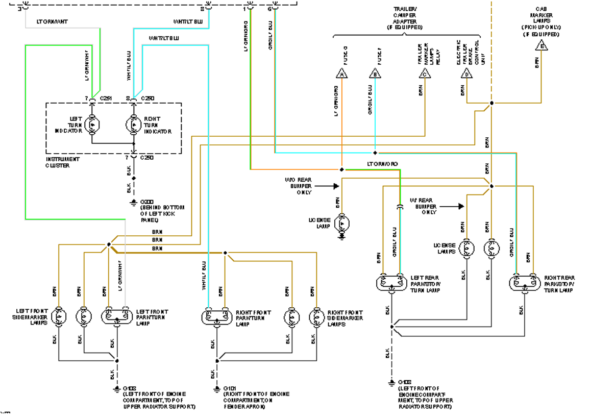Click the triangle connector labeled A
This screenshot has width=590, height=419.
(341, 74)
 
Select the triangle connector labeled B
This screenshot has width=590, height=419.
(375, 74)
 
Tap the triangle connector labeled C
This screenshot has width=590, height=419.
(425, 74)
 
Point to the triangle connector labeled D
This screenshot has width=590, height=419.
(466, 74)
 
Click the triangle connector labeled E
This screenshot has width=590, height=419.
(541, 46)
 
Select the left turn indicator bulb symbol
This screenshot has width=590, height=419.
(92, 124)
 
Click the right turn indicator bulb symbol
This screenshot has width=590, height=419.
(133, 124)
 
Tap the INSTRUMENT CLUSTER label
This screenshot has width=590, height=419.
(62, 162)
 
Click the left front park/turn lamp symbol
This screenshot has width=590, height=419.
(117, 316)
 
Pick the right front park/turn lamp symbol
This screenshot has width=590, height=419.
(216, 316)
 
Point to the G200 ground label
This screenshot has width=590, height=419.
(146, 202)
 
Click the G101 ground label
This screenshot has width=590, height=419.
(229, 389)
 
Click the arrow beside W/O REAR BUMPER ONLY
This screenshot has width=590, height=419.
(334, 186)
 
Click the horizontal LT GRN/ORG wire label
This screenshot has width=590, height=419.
(382, 163)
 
